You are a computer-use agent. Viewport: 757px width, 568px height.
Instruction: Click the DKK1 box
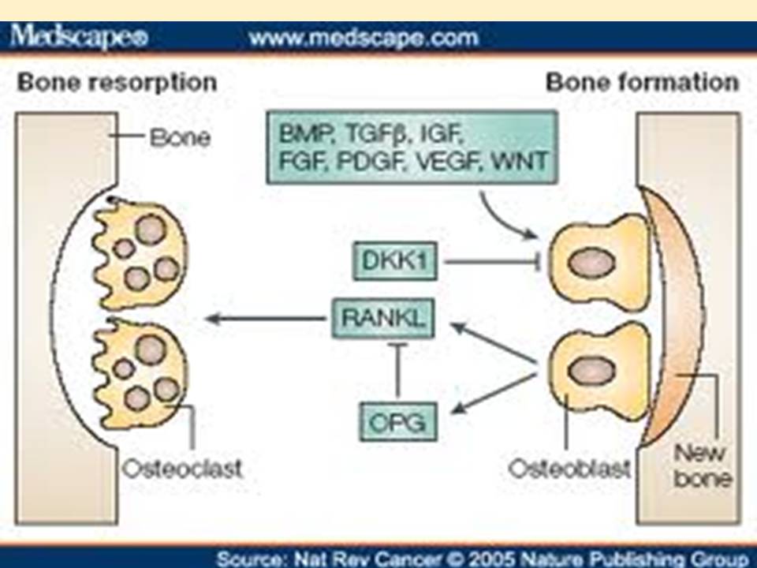pyautogui.click(x=395, y=261)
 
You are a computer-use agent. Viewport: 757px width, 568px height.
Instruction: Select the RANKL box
pyautogui.click(x=383, y=318)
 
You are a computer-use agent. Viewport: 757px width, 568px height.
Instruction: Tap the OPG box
pyautogui.click(x=398, y=421)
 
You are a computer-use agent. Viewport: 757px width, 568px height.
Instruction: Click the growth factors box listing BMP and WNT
pyautogui.click(x=412, y=148)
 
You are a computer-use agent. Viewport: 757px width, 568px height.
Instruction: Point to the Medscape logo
pyautogui.click(x=79, y=37)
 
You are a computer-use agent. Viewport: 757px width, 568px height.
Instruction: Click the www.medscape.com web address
pyautogui.click(x=364, y=37)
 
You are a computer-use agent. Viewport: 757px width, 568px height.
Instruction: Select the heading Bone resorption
pyautogui.click(x=117, y=82)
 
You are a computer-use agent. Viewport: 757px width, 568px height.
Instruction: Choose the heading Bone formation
pyautogui.click(x=642, y=82)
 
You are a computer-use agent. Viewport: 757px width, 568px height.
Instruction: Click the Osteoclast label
pyautogui.click(x=182, y=469)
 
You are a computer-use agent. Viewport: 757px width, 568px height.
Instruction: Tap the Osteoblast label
pyautogui.click(x=569, y=469)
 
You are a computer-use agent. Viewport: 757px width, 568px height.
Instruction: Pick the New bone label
pyautogui.click(x=702, y=465)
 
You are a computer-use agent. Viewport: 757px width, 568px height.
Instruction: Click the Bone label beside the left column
pyautogui.click(x=180, y=137)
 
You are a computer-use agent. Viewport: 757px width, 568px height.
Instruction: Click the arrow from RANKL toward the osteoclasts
pyautogui.click(x=266, y=318)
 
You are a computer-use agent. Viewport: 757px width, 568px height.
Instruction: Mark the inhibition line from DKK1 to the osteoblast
pyautogui.click(x=492, y=262)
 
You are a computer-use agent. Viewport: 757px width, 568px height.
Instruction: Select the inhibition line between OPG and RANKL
pyautogui.click(x=398, y=370)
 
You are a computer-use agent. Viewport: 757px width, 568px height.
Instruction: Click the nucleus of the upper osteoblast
pyautogui.click(x=591, y=263)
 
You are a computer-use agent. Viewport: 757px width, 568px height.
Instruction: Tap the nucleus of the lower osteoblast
pyautogui.click(x=591, y=372)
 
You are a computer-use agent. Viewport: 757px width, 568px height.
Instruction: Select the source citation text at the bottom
pyautogui.click(x=482, y=559)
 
